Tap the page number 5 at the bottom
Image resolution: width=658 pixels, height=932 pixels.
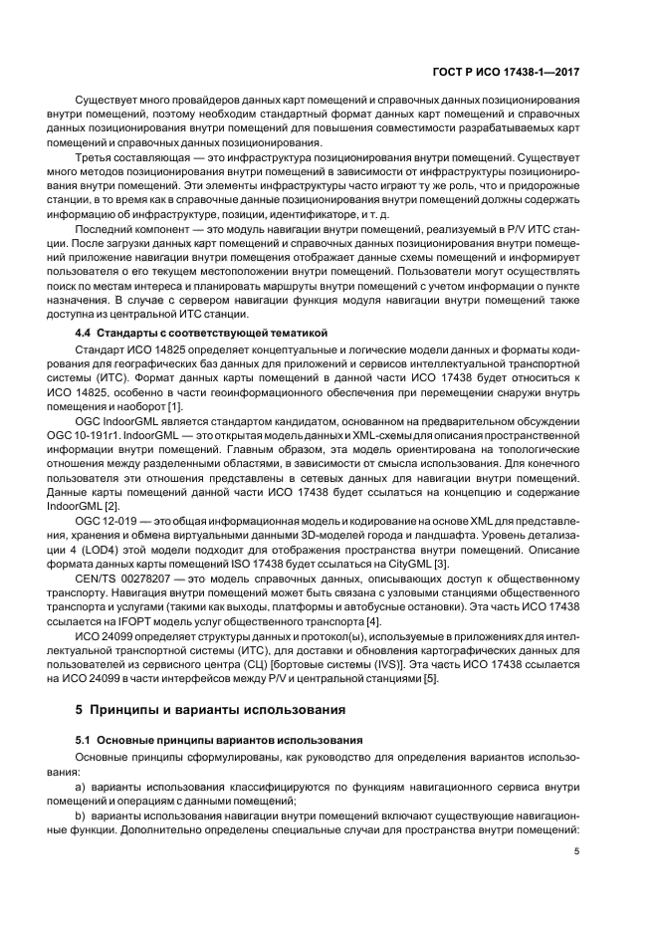(576, 850)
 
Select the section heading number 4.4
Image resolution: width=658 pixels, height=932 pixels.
(86, 332)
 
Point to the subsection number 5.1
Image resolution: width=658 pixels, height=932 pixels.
(86, 742)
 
